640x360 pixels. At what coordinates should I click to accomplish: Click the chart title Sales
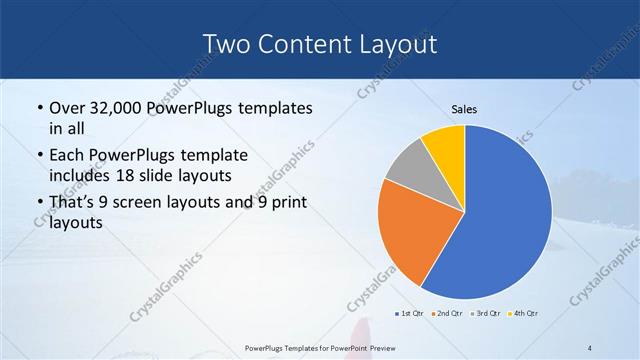[x=464, y=110]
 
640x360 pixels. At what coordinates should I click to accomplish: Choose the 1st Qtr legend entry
[x=409, y=314]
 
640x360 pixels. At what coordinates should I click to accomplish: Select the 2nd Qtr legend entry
[x=447, y=314]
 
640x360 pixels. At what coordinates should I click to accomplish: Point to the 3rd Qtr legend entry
[x=485, y=314]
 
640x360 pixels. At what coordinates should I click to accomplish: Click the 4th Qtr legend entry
[x=523, y=314]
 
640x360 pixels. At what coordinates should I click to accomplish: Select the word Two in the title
[x=225, y=43]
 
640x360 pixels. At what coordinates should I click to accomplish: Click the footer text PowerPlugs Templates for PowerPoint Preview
[x=319, y=347]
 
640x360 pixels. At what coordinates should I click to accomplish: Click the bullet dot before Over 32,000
[x=39, y=108]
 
